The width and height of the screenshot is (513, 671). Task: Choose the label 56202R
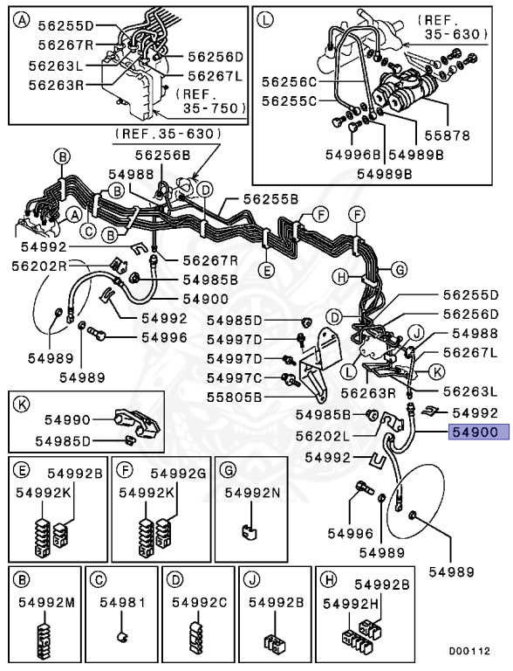point(39,265)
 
